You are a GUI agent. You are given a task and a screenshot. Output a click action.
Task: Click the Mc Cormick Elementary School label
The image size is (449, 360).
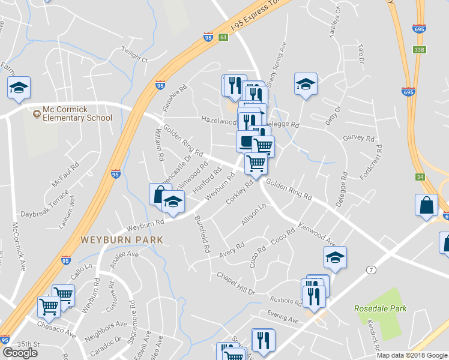pyautogui.click(x=77, y=113)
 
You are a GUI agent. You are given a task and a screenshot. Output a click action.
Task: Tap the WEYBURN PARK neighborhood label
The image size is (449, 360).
pyautogui.click(x=121, y=239)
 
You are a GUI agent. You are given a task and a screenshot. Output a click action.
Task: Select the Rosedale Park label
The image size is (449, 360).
pyautogui.click(x=380, y=309)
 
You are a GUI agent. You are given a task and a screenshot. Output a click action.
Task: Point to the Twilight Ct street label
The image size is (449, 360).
pyautogui.click(x=134, y=54)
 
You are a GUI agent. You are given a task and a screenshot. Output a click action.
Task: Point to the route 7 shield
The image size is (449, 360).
pyautogui.click(x=372, y=270)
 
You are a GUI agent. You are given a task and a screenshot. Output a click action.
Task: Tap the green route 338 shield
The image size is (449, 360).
pyautogui.click(x=419, y=50)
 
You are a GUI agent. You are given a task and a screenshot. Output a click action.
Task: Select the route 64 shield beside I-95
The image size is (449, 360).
pyautogui.click(x=223, y=37)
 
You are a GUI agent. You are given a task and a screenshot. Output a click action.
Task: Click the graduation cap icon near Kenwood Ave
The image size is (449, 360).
pyautogui.click(x=334, y=257)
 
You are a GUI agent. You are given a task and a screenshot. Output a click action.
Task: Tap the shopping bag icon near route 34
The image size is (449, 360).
pyautogui.click(x=426, y=205)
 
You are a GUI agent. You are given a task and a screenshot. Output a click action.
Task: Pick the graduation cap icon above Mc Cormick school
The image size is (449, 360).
pyautogui.click(x=19, y=87)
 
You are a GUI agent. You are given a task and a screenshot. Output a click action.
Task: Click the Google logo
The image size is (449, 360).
pyautogui.click(x=20, y=353)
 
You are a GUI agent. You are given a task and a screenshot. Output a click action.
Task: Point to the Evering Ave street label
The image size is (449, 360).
pyautogui.click(x=283, y=320)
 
